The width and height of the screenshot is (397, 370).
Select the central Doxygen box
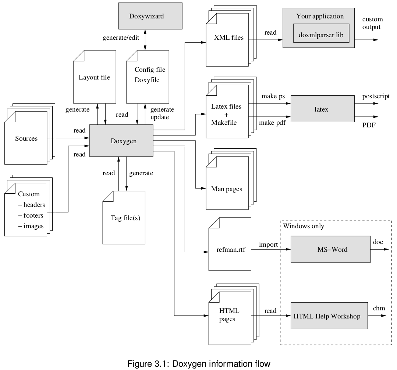[x=121, y=141]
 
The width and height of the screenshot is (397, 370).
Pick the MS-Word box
[x=330, y=249]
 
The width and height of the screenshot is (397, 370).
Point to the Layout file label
[x=95, y=77]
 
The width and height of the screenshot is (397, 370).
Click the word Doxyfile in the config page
[x=147, y=80]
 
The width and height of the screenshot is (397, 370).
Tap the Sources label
[x=26, y=138]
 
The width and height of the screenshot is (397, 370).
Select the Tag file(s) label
[x=125, y=218]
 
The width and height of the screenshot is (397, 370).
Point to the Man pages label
[x=227, y=189]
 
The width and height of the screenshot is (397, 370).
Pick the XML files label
[x=229, y=37]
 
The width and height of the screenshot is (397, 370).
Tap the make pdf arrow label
[x=272, y=122]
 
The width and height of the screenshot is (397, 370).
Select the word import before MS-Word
[x=268, y=244]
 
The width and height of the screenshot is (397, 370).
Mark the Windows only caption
[x=304, y=226]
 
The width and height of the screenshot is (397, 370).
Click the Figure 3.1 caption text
[x=199, y=364]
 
